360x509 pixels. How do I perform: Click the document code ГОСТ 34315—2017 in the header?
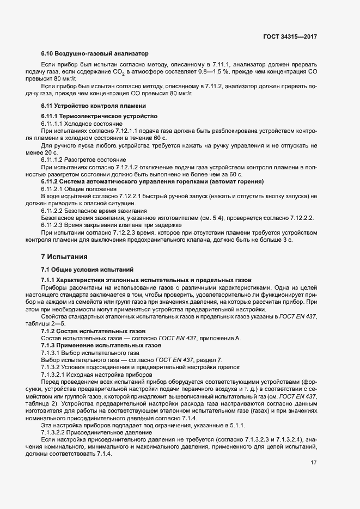pos(289,36)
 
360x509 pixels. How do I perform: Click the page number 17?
pos(313,463)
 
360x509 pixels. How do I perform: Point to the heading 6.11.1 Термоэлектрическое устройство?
pos(99,116)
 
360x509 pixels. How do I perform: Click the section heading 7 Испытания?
pos(64,256)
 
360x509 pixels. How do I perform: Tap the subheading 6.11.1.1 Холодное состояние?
pos(82,124)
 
